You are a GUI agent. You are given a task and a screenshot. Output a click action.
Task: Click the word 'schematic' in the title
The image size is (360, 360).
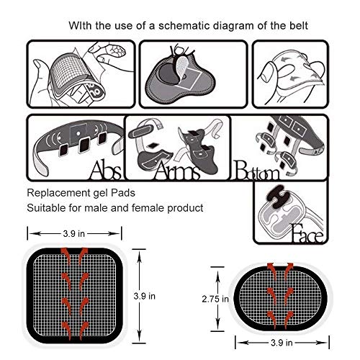184,26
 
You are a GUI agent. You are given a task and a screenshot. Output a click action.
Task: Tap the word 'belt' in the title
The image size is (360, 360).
298,26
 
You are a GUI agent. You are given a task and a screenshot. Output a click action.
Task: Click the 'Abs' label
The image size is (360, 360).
106,170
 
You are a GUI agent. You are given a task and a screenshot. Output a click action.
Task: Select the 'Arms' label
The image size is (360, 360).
176,170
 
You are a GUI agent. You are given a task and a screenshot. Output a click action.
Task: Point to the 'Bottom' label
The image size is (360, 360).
257,170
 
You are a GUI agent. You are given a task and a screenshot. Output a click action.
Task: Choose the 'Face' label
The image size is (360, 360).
307,233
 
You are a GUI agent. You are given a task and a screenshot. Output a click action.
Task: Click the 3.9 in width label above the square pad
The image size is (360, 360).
74,233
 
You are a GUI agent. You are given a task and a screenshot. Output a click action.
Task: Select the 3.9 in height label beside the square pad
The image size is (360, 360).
145,296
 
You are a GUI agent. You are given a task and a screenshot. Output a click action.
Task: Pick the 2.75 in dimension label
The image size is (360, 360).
215,299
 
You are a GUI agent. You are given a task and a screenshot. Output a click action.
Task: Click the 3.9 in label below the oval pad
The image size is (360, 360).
282,343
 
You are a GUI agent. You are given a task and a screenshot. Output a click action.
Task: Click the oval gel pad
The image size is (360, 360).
281,299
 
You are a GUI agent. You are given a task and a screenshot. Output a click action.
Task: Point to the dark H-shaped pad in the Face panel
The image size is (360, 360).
279,197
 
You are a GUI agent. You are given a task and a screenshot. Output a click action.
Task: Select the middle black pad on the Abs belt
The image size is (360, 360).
84,145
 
